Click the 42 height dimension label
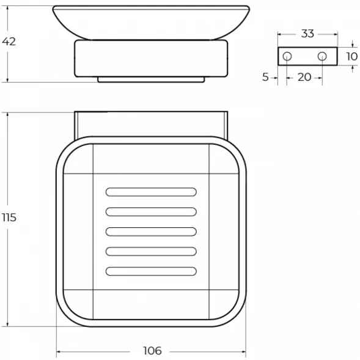(9, 42)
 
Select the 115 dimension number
(9, 218)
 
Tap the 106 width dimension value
(152, 351)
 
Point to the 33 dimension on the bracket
(307, 34)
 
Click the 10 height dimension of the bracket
(351, 56)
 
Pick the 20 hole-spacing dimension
(304, 77)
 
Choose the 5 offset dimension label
(265, 77)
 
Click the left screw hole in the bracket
(287, 56)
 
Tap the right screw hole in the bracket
(322, 56)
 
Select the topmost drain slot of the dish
(151, 192)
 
